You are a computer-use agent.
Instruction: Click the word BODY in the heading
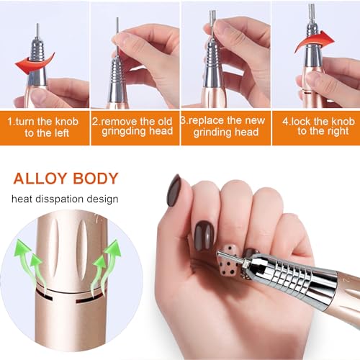pyautogui.click(x=99, y=177)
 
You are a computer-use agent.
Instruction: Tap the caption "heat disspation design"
pyautogui.click(x=65, y=199)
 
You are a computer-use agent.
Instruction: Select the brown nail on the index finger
pyautogui.click(x=173, y=189)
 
